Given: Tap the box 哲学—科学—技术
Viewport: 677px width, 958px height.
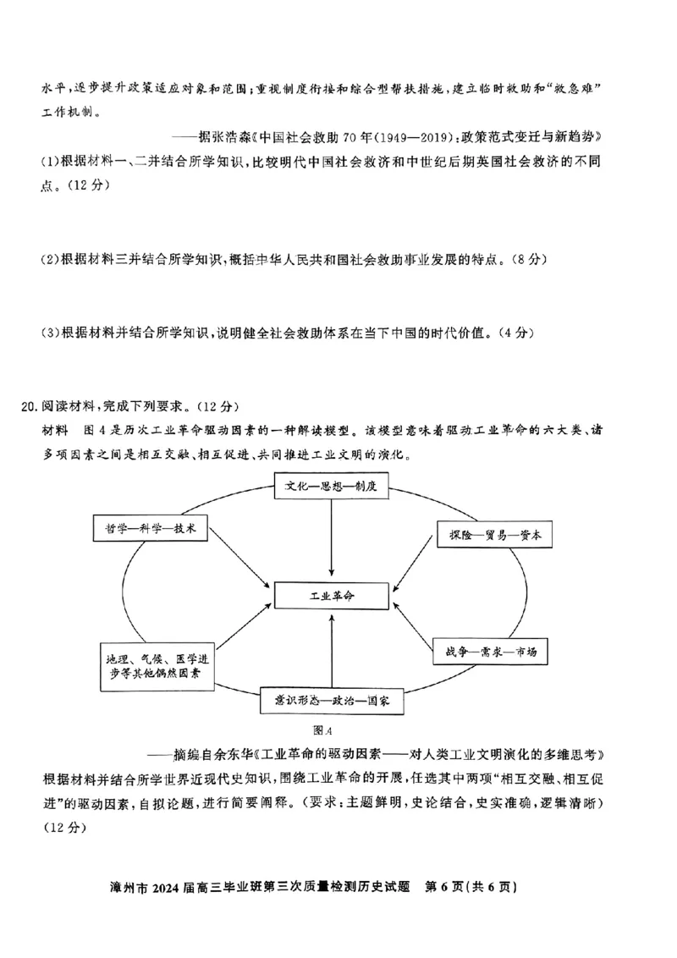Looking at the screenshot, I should point(144,528).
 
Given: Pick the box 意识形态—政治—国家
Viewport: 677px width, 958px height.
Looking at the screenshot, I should point(330,702).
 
